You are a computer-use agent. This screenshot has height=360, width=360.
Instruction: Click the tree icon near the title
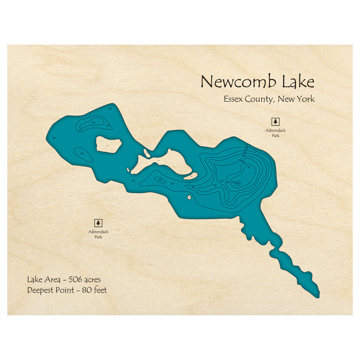coord(276,122)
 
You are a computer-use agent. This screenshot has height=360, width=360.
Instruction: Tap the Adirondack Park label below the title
coord(276,133)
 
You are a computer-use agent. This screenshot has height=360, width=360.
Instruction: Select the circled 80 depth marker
coord(238,183)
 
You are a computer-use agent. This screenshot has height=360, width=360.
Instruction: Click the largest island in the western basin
coord(108,145)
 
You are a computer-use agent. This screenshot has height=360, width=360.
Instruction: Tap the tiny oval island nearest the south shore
coord(189,197)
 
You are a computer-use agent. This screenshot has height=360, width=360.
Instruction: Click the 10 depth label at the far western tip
coord(54,138)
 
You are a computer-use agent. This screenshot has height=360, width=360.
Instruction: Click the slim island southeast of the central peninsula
coord(190,176)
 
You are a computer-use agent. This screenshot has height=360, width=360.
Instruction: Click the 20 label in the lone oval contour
coord(82,153)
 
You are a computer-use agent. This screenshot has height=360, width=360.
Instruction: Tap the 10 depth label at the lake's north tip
coord(110,108)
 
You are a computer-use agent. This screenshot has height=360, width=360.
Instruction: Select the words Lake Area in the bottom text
coord(41,280)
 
